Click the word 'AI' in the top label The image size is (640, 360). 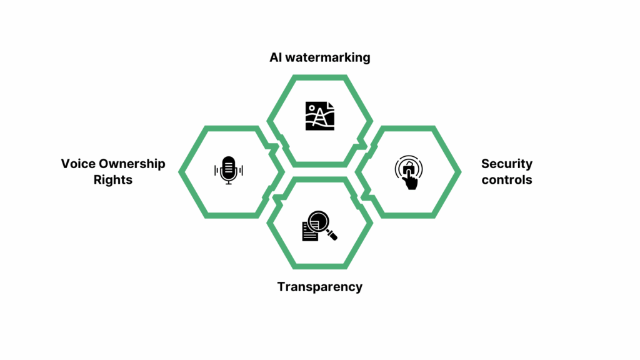click(x=276, y=57)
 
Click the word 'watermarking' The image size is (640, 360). click(x=327, y=57)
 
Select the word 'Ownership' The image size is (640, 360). click(x=132, y=164)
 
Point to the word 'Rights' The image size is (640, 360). click(x=113, y=179)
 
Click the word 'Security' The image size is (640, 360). click(x=506, y=164)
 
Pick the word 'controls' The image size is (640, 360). click(x=506, y=179)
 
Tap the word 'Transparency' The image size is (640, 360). click(x=320, y=287)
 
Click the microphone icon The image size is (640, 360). click(x=229, y=170)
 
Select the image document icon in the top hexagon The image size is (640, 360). click(x=320, y=116)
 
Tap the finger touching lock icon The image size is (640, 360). click(x=409, y=172)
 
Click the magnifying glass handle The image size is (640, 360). click(x=331, y=235)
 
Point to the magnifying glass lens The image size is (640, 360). click(x=318, y=222)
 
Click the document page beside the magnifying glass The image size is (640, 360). click(x=309, y=232)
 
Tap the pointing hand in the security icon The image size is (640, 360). click(x=411, y=179)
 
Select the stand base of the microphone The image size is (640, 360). click(x=229, y=183)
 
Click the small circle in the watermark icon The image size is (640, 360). click(x=312, y=108)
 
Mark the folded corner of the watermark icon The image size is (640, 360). click(x=331, y=105)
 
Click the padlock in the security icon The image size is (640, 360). click(x=409, y=167)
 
